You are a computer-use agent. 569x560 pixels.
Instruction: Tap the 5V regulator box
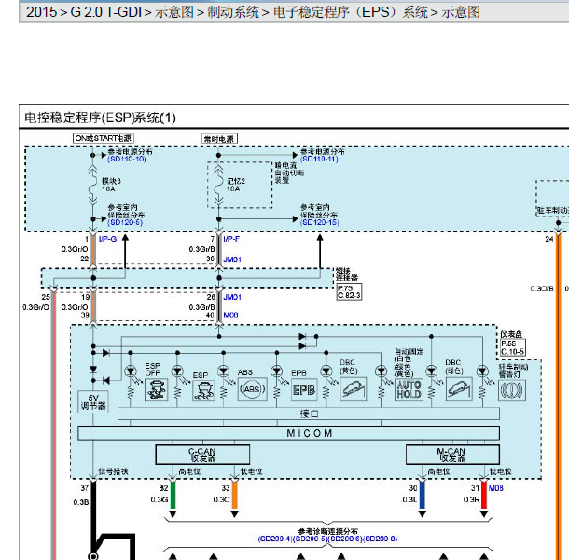(x=93, y=401)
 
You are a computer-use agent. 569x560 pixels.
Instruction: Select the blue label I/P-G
(x=107, y=240)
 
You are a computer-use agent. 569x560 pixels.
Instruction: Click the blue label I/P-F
(x=231, y=240)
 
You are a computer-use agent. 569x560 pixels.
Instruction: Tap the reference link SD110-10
(x=126, y=160)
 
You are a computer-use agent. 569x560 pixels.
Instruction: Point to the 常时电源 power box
(x=219, y=138)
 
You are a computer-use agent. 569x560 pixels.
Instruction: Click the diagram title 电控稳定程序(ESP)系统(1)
(x=100, y=118)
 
